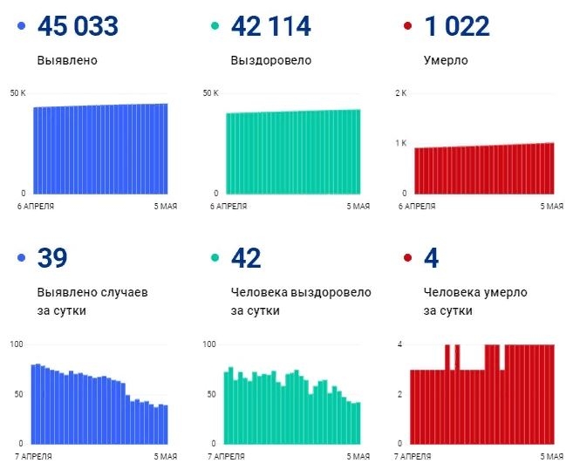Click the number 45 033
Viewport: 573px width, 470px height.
coord(78,27)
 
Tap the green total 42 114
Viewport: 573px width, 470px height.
coord(270,27)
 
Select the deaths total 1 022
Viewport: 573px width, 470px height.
coord(457,27)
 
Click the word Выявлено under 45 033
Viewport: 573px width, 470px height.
coord(67,61)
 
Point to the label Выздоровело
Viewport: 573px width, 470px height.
coord(270,61)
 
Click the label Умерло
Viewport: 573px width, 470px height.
coord(446,61)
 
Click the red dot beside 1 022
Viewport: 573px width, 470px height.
coord(406,28)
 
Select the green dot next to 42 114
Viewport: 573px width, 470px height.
coord(214,28)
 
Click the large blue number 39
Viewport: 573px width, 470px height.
coord(52,259)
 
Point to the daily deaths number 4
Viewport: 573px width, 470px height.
coord(432,259)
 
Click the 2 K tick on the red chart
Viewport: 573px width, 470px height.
coord(401,93)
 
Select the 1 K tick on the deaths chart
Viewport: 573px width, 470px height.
coord(401,143)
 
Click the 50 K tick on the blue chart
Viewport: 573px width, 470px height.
coord(18,93)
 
